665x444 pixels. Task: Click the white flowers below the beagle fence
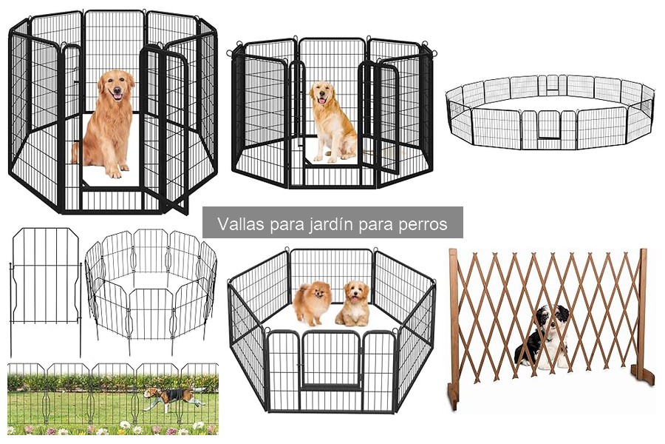(x=129, y=427)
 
